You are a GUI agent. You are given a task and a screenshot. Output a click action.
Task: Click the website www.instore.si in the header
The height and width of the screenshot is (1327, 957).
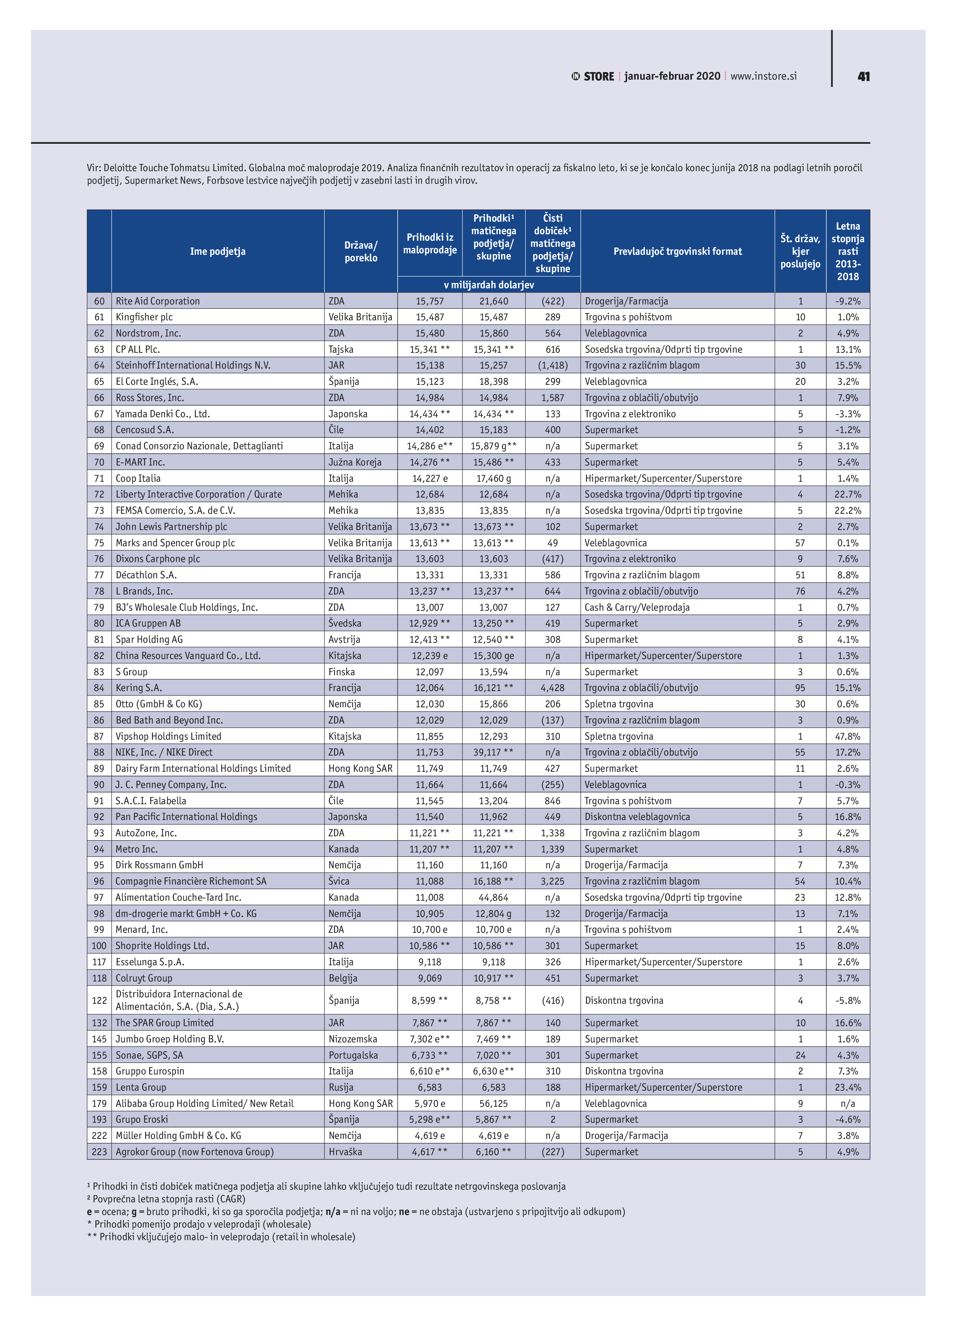click(763, 76)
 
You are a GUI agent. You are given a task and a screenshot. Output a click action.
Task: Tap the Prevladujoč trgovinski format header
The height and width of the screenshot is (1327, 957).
click(677, 251)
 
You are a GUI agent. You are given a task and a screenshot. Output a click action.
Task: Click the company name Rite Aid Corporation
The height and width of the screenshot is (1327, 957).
click(158, 301)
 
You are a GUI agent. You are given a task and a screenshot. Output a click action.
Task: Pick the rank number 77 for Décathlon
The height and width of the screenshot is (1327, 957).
click(99, 575)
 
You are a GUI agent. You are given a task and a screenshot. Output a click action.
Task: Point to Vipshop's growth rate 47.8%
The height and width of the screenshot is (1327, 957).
click(847, 736)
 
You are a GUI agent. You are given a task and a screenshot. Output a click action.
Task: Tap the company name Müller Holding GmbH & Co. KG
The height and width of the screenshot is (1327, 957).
click(178, 1136)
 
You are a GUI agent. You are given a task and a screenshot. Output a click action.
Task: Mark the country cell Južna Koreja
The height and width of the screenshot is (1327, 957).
click(355, 462)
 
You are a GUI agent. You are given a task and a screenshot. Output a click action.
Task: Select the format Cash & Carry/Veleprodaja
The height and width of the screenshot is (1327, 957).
click(637, 607)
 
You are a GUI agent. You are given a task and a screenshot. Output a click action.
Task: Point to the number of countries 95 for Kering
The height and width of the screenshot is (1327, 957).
click(799, 688)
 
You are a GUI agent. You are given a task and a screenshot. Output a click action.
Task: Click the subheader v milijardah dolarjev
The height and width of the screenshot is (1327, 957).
click(489, 285)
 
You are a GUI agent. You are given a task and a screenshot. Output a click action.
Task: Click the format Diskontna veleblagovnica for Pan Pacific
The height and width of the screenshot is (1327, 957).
click(637, 817)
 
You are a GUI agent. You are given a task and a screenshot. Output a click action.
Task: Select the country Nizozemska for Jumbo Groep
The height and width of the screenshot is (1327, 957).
click(353, 1039)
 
